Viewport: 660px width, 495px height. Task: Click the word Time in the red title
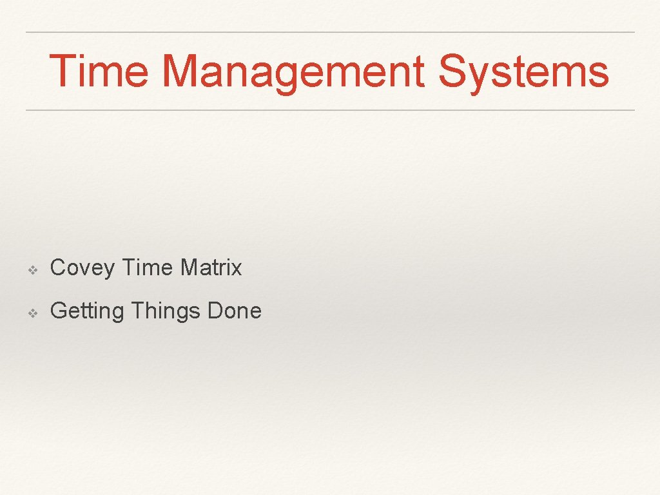click(98, 71)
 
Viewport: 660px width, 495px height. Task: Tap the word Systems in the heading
click(523, 72)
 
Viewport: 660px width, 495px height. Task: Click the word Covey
click(82, 267)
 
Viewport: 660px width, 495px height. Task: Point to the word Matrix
click(211, 267)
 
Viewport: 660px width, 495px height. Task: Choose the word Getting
click(86, 311)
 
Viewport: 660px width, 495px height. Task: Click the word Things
click(166, 311)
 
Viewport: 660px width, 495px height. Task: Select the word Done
click(235, 311)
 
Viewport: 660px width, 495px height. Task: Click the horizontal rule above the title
click(330, 32)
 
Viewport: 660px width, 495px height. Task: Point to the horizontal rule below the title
click(330, 110)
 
